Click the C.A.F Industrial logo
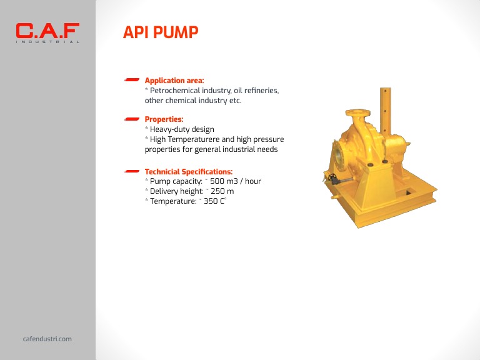pos(47,32)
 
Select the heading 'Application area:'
pos(174,81)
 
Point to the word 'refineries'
pos(261,91)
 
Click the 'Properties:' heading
pos(164,119)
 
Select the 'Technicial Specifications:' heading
pos(189,171)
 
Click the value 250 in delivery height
pos(217,191)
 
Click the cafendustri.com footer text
pos(47,339)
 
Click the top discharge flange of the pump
pos(357,114)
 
